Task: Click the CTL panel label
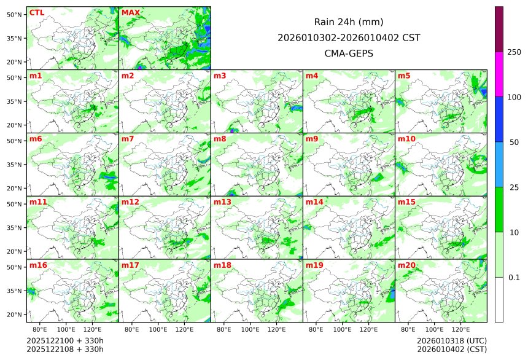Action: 37,12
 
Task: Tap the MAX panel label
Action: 131,12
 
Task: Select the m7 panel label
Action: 128,139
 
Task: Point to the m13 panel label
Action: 222,202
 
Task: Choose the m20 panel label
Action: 406,265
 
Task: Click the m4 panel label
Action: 312,76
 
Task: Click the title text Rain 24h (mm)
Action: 349,22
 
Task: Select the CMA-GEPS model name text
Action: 349,53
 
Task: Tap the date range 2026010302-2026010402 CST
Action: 349,37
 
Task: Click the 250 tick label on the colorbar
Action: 514,52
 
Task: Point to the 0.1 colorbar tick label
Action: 514,278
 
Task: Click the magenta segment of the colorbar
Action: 499,74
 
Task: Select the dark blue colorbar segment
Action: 499,119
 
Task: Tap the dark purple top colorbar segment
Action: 499,29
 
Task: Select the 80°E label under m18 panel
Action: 224,329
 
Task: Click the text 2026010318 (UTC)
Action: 451,340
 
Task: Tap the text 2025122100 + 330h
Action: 65,340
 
